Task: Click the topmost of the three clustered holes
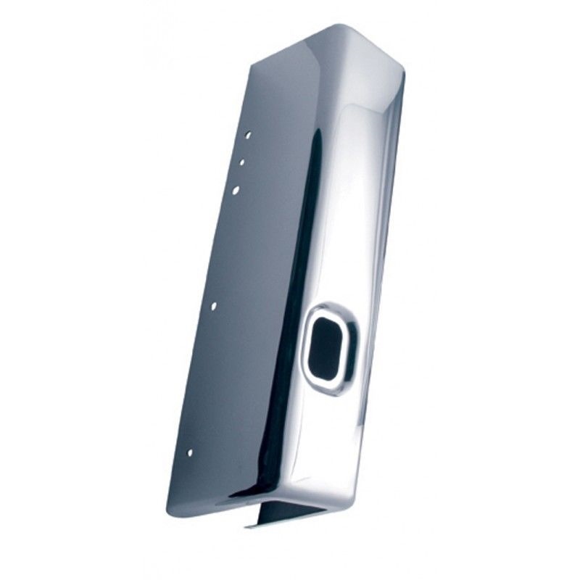point(247,135)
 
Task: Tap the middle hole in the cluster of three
point(242,162)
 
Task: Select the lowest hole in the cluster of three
point(236,190)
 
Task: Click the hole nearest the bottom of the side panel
point(190,452)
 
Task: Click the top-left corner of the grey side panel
point(252,64)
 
